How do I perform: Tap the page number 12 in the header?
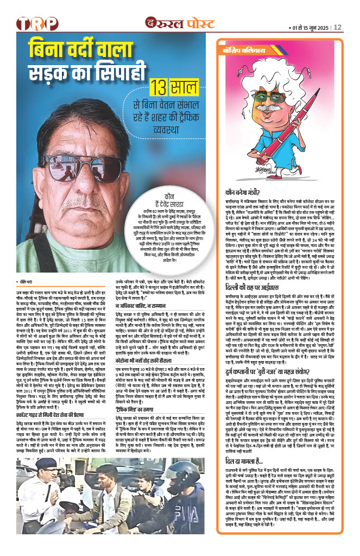click(x=337, y=27)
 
